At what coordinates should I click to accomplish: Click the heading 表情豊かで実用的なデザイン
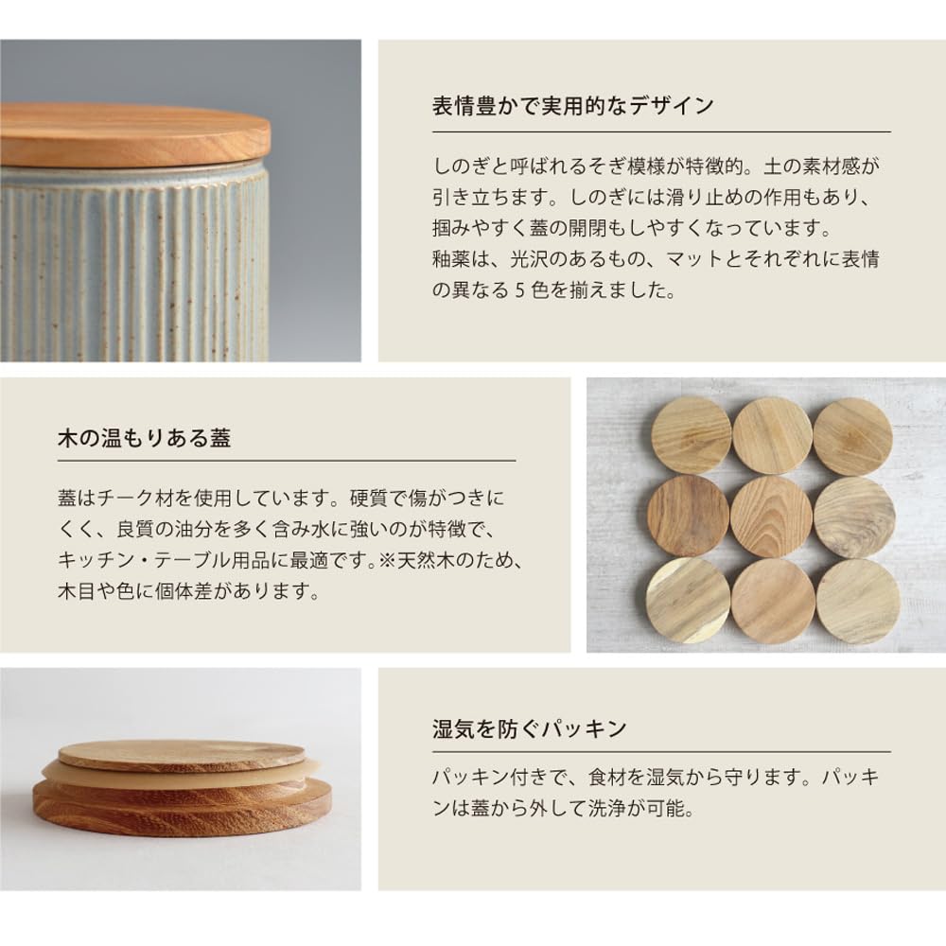tap(572, 105)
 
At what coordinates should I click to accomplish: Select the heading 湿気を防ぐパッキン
tap(529, 728)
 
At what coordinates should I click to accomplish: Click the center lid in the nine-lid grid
tap(771, 517)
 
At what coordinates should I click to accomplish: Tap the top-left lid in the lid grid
tap(691, 436)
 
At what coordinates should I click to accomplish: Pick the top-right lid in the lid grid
tap(852, 436)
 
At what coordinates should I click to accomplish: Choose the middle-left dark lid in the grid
tap(689, 516)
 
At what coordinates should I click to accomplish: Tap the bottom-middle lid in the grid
tap(773, 601)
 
